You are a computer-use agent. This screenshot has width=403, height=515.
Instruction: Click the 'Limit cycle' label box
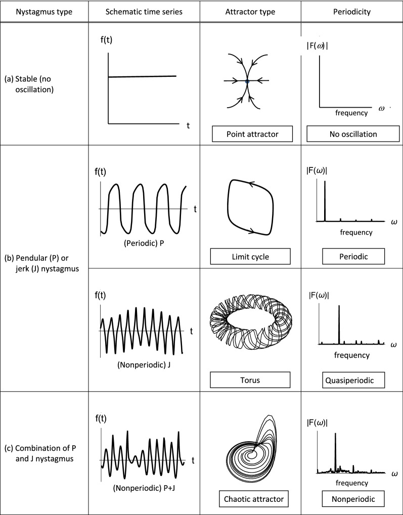(x=251, y=257)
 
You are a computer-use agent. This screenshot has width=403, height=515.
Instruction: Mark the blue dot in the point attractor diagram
(x=247, y=81)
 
